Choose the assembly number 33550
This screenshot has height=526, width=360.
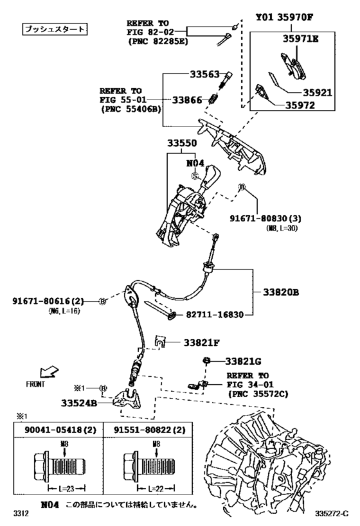183,144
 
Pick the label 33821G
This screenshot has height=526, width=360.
243,363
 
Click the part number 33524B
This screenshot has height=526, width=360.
79,403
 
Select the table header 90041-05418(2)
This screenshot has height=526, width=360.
51,430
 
